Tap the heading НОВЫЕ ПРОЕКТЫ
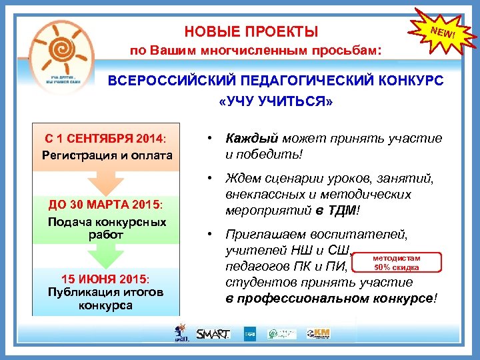[x=251, y=31]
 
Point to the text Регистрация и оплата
[x=107, y=155]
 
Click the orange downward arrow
[x=107, y=183]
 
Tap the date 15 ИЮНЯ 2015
[x=107, y=278]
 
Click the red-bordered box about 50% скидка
[x=396, y=262]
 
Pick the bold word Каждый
[x=252, y=139]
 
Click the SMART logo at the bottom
[x=213, y=333]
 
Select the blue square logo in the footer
[x=250, y=333]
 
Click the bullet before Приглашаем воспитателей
[x=209, y=235]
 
